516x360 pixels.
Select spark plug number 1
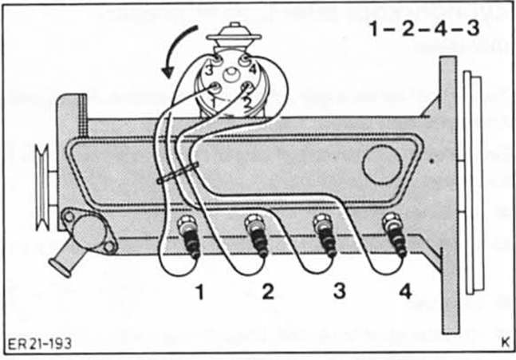[x=191, y=239]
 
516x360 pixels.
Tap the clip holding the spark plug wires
[x=179, y=174]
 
